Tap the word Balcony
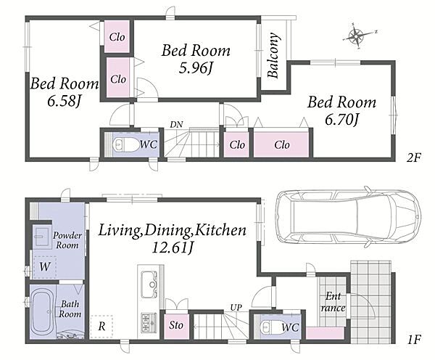coord(273,55)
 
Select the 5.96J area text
coord(196,68)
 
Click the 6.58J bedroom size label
coord(64,102)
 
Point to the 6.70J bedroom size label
coord(342,120)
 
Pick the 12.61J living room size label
coord(173,247)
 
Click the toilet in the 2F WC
coord(126,144)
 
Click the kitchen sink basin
coord(150,283)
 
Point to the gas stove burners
coord(149,323)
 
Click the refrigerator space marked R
coord(101,327)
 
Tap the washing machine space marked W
coord(45,266)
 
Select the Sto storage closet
coord(176,326)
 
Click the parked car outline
coord(349,217)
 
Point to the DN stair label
coord(176,124)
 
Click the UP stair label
coord(236,308)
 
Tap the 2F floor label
coord(413,157)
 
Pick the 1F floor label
coord(414,340)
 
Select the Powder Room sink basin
coord(42,235)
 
